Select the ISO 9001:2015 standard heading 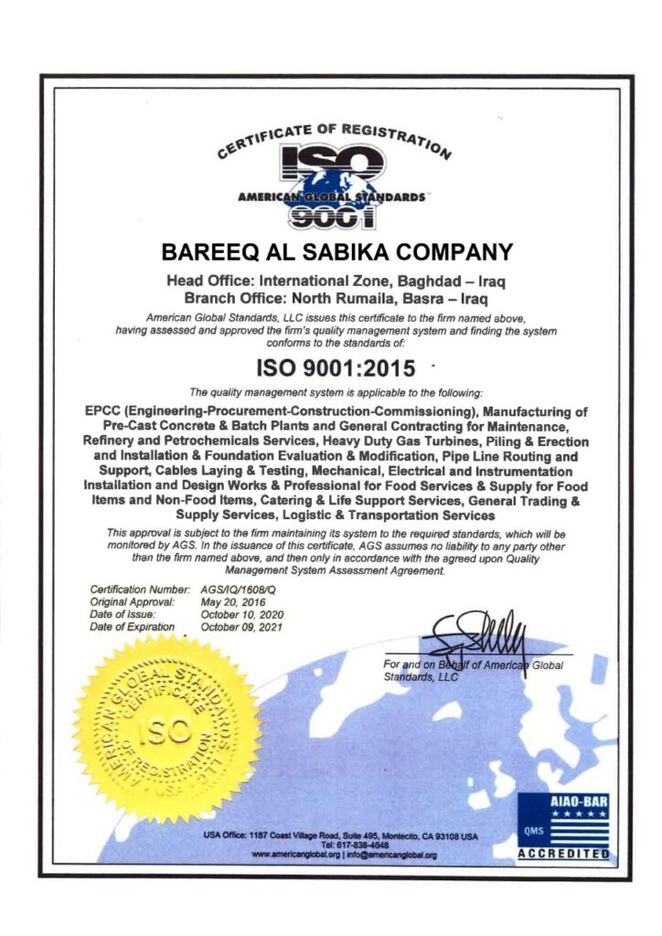click(335, 368)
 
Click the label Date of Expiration click(132, 627)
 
